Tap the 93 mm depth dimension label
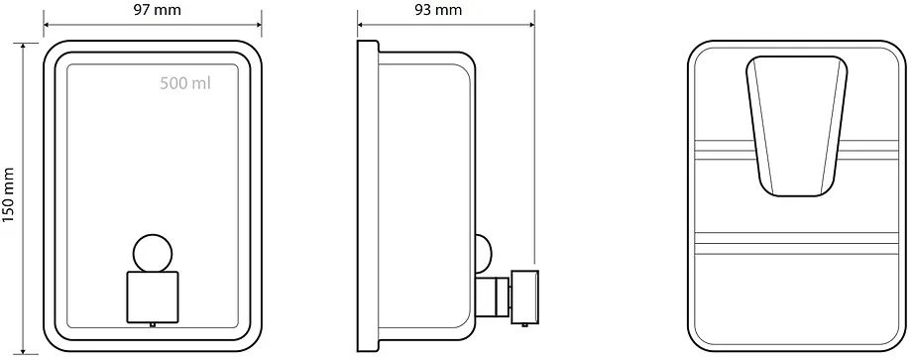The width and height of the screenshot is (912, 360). (438, 10)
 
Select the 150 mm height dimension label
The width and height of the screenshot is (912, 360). (8, 195)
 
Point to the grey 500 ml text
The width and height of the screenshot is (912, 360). (185, 83)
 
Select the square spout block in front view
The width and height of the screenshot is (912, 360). (153, 297)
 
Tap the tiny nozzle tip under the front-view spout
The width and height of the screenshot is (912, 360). (153, 324)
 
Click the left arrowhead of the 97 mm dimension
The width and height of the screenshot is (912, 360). (48, 25)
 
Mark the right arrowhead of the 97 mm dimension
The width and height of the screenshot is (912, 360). (258, 25)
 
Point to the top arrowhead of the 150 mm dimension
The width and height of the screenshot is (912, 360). (23, 48)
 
